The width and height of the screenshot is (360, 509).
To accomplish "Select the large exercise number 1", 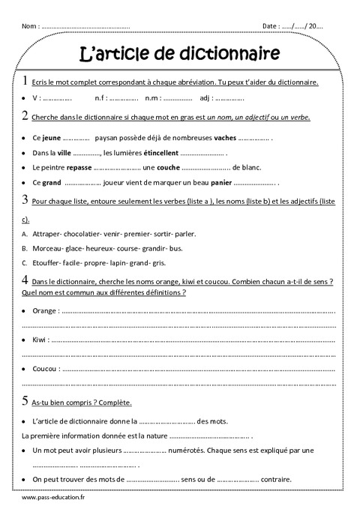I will click(x=26, y=81).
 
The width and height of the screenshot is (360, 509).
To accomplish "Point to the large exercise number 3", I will click(x=26, y=201).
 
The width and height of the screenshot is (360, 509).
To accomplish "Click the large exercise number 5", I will click(x=26, y=400).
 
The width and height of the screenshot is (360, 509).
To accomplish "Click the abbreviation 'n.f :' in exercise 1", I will click(x=100, y=98).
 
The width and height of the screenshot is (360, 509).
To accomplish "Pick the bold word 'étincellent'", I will click(x=161, y=153).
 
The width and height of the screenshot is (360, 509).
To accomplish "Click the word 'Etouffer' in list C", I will click(x=47, y=263).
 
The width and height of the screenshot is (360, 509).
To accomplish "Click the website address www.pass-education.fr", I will click(x=55, y=497).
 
